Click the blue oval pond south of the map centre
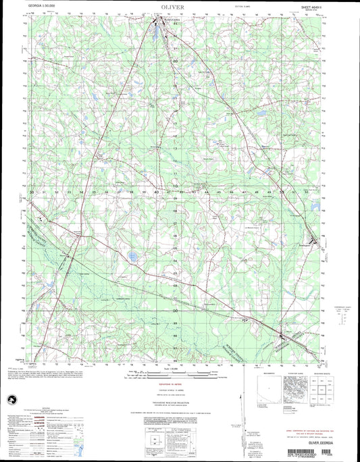pyautogui.click(x=132, y=257)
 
